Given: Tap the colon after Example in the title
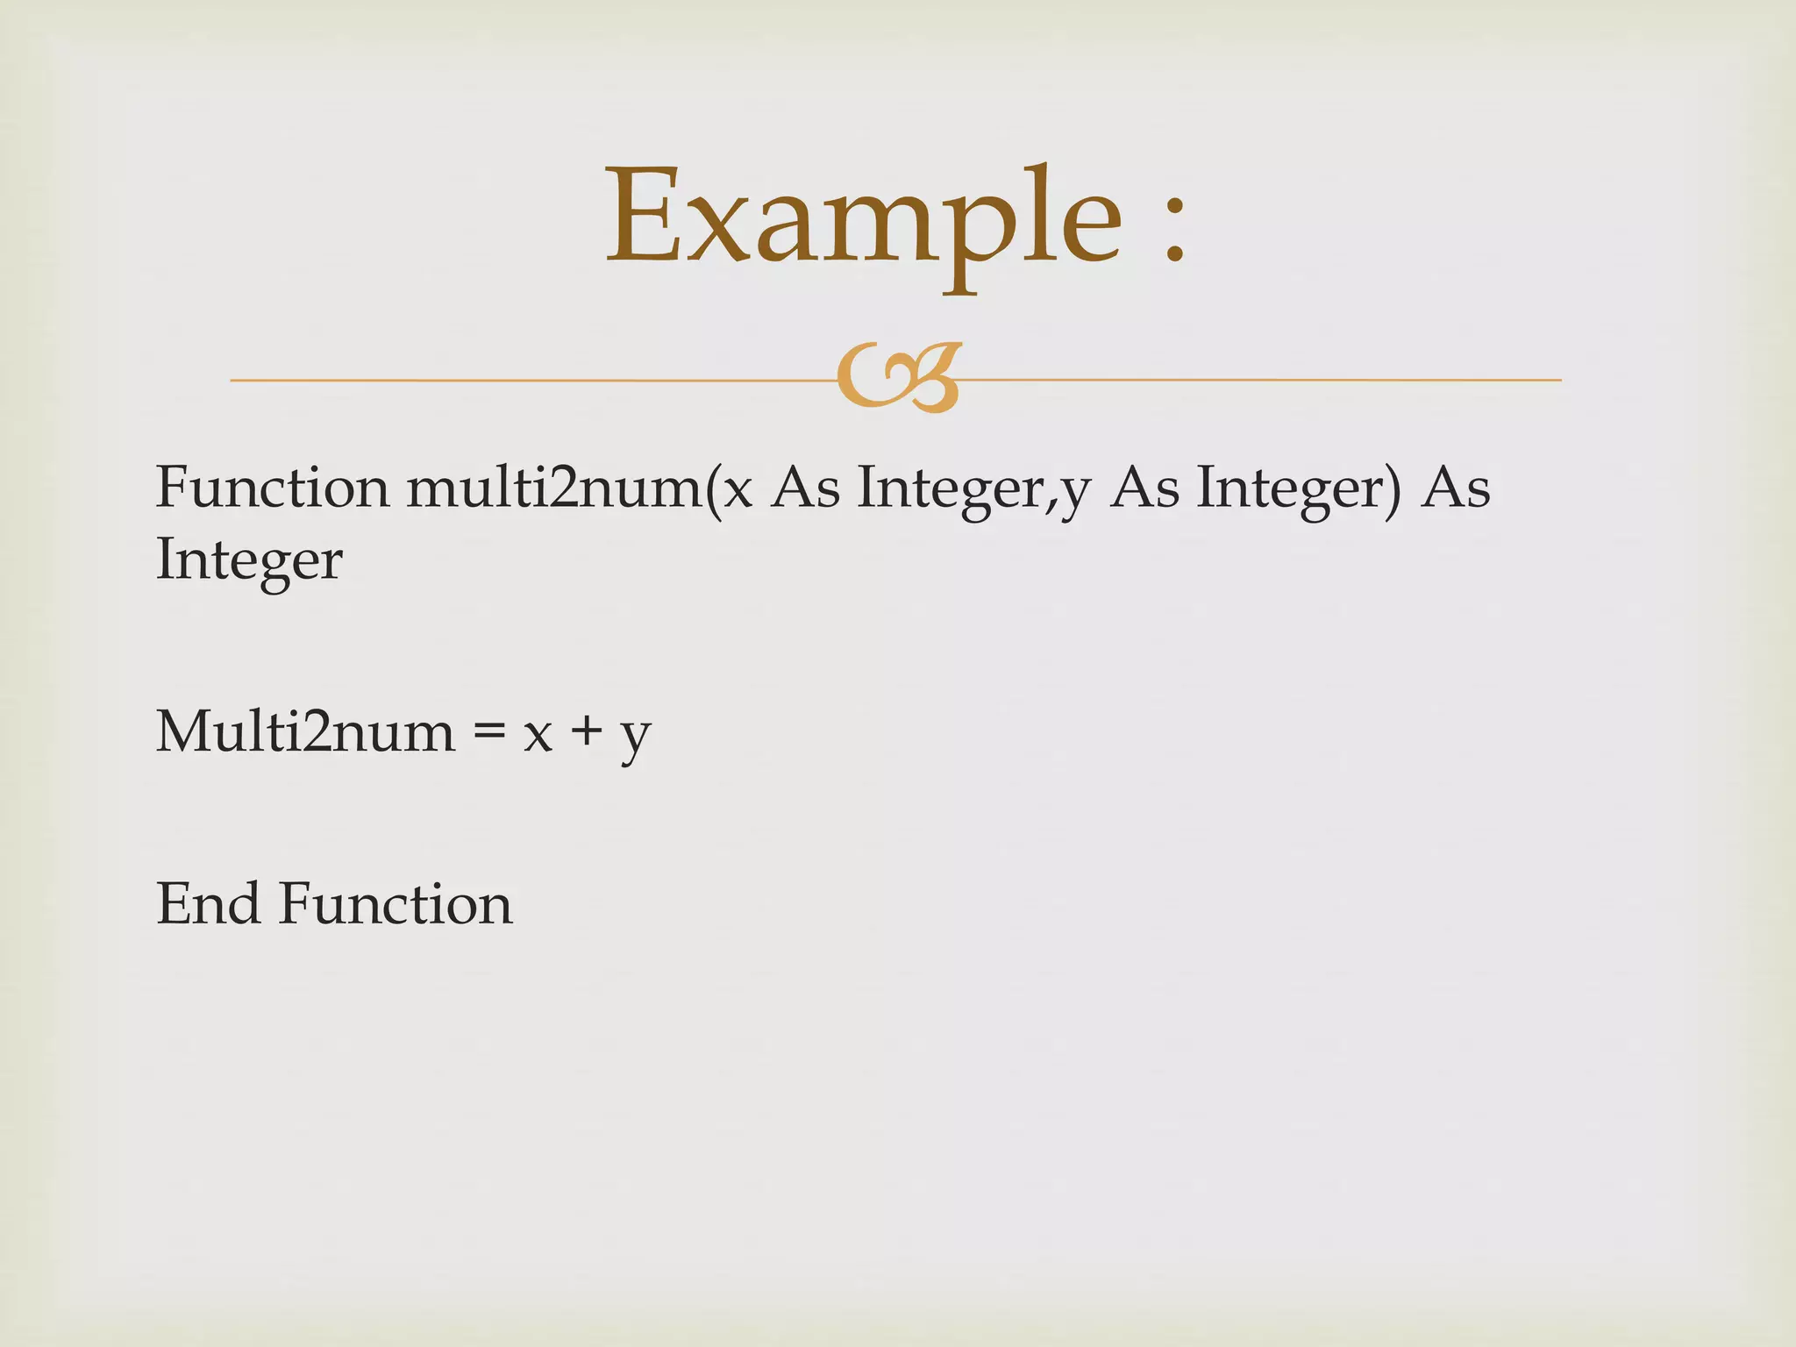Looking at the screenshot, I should pyautogui.click(x=1175, y=230).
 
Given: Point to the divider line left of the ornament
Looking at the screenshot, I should pyautogui.click(x=526, y=380).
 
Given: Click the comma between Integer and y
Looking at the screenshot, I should pyautogui.click(x=1051, y=504).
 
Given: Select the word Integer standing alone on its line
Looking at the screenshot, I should pyautogui.click(x=249, y=559).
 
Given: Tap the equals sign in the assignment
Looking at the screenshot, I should pyautogui.click(x=488, y=732).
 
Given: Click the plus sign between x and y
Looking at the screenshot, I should pyautogui.click(x=586, y=732).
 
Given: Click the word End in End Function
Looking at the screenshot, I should pyautogui.click(x=208, y=903).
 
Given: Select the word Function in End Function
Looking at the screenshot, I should pyautogui.click(x=396, y=903).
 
